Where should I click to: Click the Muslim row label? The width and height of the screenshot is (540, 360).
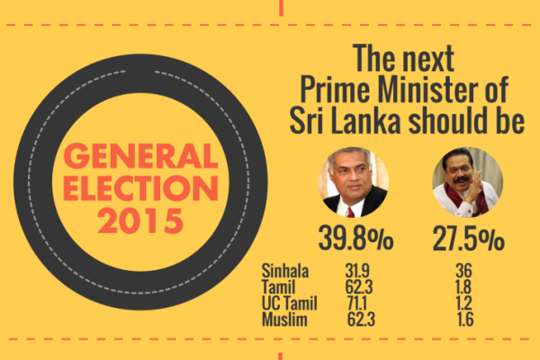pyautogui.click(x=283, y=319)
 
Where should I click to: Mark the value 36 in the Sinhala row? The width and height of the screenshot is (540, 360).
pyautogui.click(x=464, y=270)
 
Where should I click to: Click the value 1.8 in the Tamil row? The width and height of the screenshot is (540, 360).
pyautogui.click(x=464, y=287)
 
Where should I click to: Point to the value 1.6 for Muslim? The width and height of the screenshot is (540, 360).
pyautogui.click(x=464, y=319)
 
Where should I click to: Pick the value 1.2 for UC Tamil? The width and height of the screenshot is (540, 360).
pyautogui.click(x=464, y=303)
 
